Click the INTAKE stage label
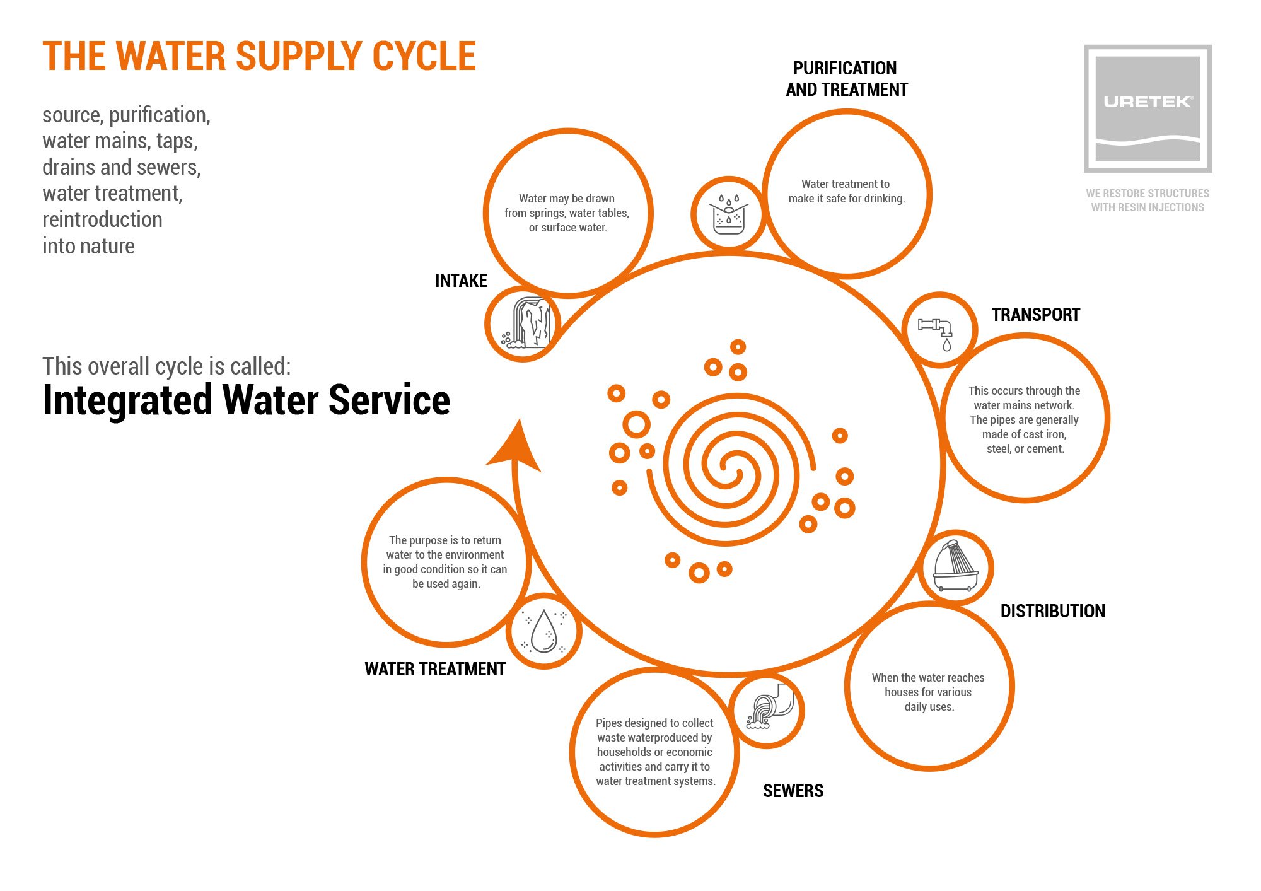tap(461, 281)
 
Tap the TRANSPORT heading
tap(1035, 315)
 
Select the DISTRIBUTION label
tap(1052, 611)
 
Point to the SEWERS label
tap(793, 791)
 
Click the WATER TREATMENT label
tap(435, 669)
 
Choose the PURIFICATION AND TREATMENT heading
tap(846, 79)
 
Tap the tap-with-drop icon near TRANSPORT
tap(939, 330)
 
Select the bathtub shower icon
tap(955, 567)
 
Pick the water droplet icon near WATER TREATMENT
tap(543, 631)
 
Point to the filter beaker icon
tap(728, 214)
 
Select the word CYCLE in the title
tap(424, 57)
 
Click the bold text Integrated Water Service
tap(246, 400)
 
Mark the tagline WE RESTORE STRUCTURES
tap(1147, 194)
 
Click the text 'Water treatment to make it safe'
tap(846, 191)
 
